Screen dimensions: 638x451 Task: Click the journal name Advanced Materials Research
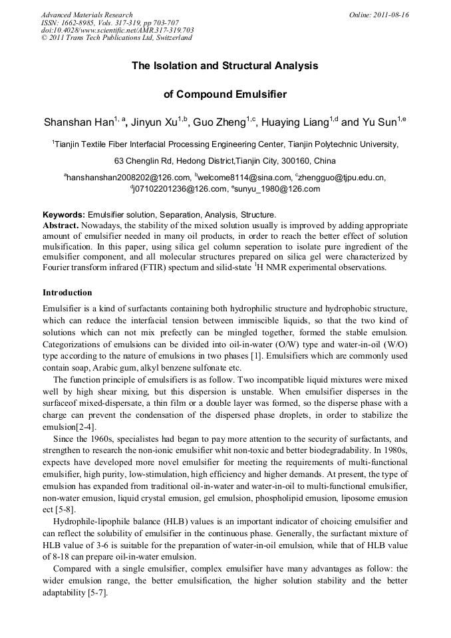point(87,15)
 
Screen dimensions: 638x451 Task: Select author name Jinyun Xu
point(154,122)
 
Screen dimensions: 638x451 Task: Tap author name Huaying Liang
point(295,122)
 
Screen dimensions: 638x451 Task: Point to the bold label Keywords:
point(64,215)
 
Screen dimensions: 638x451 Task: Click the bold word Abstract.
point(61,226)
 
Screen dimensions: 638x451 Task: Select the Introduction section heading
point(67,293)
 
